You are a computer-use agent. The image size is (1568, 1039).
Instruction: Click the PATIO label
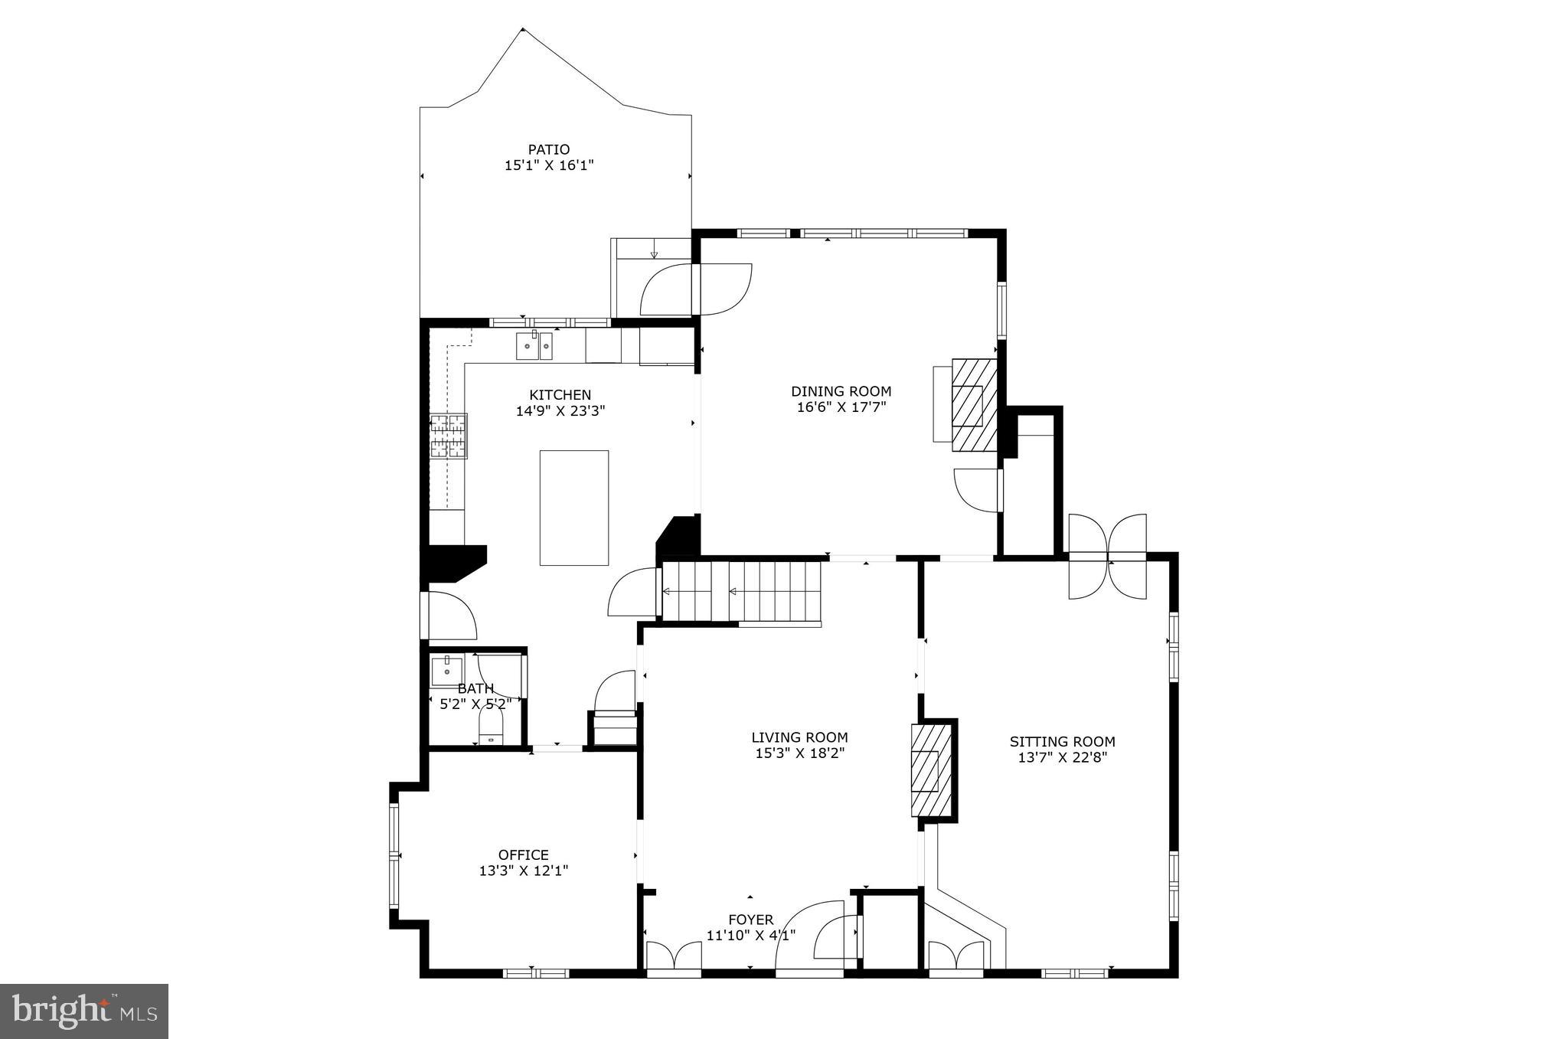coord(548,149)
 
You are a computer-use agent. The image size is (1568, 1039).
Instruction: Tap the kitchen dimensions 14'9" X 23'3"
coord(560,411)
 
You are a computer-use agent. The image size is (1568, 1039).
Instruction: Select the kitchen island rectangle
coord(573,508)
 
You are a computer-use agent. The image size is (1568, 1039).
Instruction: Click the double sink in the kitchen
coord(534,346)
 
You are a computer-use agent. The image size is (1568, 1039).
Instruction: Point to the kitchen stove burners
coord(448,436)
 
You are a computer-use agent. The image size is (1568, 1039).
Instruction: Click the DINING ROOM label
coord(841,391)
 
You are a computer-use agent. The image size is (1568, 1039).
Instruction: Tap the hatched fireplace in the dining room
coord(975,405)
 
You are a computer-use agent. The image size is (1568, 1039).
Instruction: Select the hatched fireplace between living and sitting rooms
coord(930,770)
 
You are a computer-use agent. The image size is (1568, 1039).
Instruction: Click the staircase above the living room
coord(741,591)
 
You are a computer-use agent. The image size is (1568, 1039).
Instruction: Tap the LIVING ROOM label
coord(799,738)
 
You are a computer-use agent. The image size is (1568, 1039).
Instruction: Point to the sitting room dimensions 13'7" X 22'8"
coord(1062,757)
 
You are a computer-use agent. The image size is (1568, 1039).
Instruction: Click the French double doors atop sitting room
coord(1108,557)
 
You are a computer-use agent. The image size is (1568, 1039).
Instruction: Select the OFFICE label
coord(523,855)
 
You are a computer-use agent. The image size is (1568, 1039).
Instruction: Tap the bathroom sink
coord(446,670)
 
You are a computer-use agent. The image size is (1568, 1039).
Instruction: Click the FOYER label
coord(750,920)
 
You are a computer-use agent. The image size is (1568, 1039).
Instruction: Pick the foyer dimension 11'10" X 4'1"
coord(750,935)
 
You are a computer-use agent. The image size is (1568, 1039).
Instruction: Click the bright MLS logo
coord(84,1012)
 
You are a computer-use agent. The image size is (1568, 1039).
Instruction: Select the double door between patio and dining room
coord(696,289)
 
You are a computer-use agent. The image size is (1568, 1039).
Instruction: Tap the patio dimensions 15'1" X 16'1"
coord(548,165)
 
